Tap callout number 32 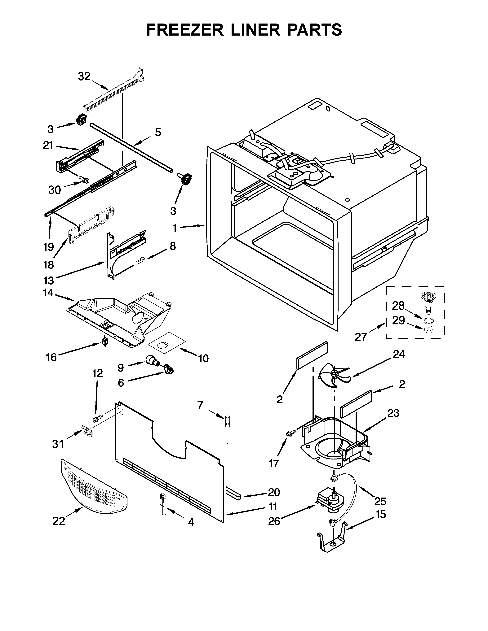coord(84,76)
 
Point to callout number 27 coord(361,337)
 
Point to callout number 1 coord(175,228)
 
